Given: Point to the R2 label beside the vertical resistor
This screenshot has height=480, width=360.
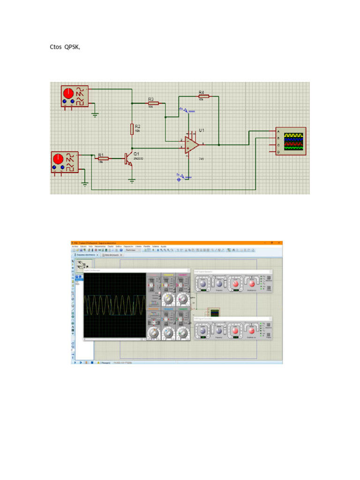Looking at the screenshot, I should pos(137,126).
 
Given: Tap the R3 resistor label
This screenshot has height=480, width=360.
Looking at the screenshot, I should pos(151,99).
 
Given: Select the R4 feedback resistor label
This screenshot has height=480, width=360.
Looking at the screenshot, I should pos(201,92).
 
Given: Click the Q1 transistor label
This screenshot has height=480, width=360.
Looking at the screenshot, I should pos(136,154).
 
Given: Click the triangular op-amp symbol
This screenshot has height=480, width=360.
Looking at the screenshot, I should pos(191,145).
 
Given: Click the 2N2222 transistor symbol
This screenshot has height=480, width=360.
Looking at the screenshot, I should pos(127,159).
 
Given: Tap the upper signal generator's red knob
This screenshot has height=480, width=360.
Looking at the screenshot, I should pos(68,92).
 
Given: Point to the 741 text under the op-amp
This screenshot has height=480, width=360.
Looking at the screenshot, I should pos(202,159).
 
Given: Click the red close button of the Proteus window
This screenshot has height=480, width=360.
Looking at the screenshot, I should pos(280,243).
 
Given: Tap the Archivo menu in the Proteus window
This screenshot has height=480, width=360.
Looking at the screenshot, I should pos(74,246).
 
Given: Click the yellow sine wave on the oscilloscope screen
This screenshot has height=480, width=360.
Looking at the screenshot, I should pos(115,305).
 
